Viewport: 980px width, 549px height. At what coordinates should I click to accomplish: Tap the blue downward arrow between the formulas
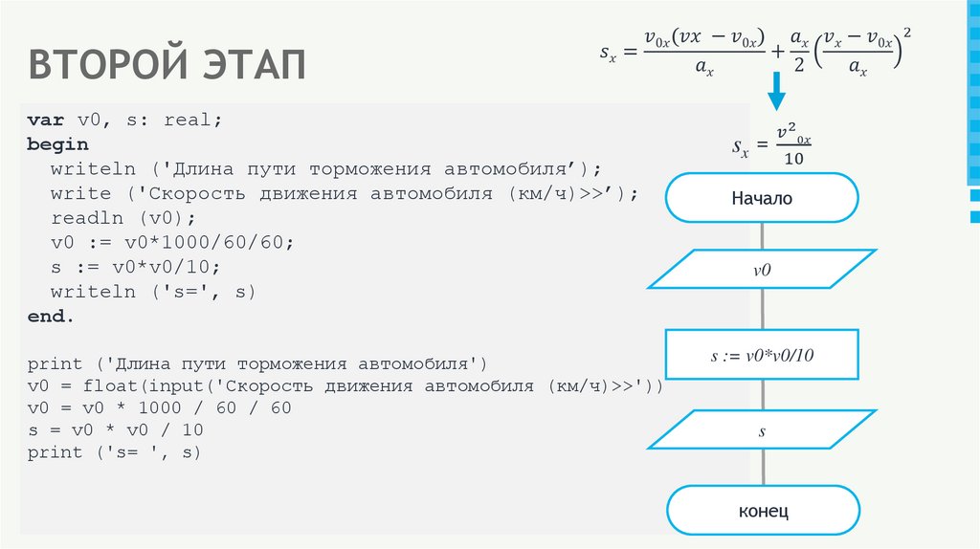click(x=776, y=95)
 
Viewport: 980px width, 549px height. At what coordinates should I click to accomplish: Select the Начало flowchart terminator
click(x=762, y=199)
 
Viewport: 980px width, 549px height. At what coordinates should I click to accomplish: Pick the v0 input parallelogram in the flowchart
click(x=762, y=270)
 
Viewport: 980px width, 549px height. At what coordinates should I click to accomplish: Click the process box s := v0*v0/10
click(x=762, y=356)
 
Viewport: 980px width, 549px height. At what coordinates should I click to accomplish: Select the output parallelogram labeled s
click(x=762, y=430)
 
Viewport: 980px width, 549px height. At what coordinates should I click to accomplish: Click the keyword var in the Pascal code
click(x=44, y=121)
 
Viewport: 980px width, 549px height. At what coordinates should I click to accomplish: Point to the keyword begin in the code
click(x=57, y=144)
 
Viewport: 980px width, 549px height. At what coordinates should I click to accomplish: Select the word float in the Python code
click(x=109, y=386)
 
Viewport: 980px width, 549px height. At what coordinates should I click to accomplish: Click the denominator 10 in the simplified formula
click(x=793, y=159)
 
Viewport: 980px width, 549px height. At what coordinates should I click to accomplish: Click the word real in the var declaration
click(x=188, y=121)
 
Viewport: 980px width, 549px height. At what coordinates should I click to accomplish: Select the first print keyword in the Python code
click(x=55, y=364)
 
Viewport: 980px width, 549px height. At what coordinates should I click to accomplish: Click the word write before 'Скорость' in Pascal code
click(x=81, y=194)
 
